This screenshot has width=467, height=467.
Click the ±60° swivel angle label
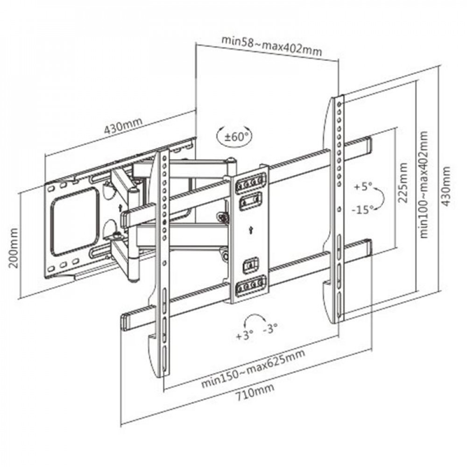coord(233,137)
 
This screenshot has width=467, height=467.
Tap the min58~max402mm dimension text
coord(271,45)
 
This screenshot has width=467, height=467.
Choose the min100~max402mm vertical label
coord(424,184)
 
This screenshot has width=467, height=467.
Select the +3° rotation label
coord(245,335)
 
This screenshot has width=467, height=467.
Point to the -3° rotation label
coord(270,328)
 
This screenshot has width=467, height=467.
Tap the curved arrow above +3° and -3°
coord(255,320)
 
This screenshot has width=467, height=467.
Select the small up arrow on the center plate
coord(252,228)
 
